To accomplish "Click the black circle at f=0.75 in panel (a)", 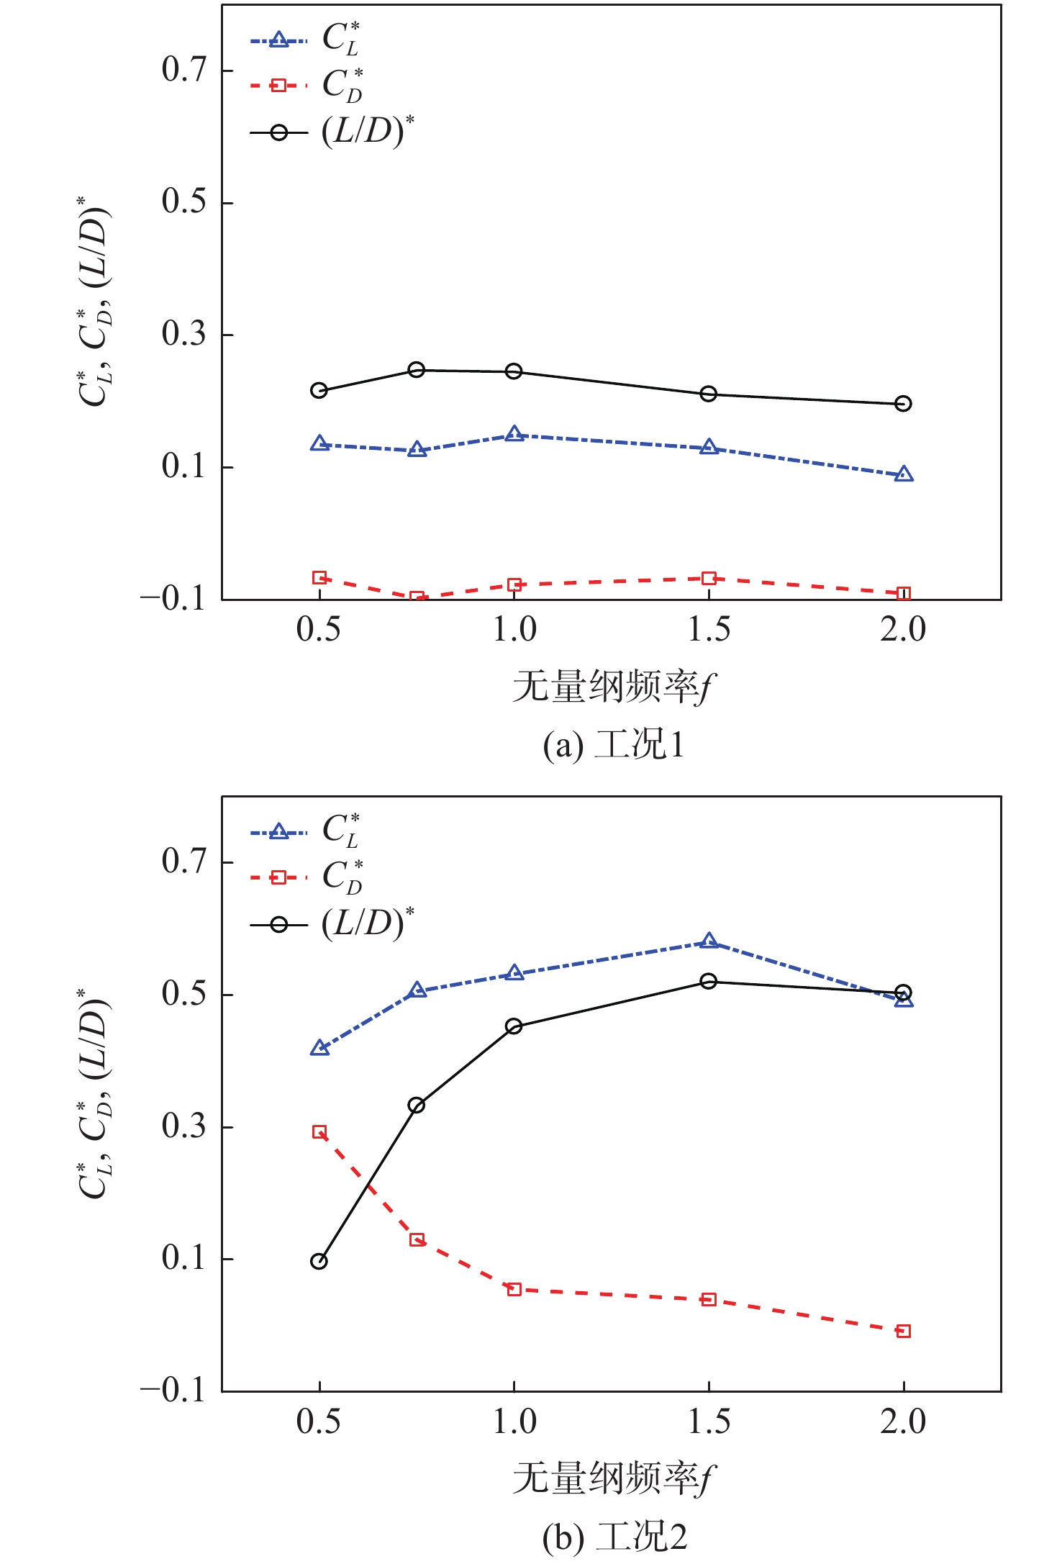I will [x=417, y=370].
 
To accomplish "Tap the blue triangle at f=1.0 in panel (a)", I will [x=514, y=434].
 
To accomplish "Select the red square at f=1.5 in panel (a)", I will [x=709, y=579].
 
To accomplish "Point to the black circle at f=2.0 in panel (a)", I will [x=903, y=404].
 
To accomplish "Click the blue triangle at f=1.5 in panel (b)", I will [x=709, y=941].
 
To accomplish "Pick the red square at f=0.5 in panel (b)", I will [x=319, y=1132].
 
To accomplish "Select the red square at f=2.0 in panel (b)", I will [x=904, y=1332].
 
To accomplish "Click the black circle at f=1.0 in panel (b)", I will [x=514, y=1026].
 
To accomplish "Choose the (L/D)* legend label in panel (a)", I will [x=368, y=132].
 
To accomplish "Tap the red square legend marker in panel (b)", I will [x=278, y=877].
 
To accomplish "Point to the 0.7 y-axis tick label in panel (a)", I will [x=184, y=70].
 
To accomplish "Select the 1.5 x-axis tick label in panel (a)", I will [x=709, y=630].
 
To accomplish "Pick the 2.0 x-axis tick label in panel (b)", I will [x=903, y=1421].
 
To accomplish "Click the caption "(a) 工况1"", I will [x=614, y=745].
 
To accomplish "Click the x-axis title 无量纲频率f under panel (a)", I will [x=614, y=687].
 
